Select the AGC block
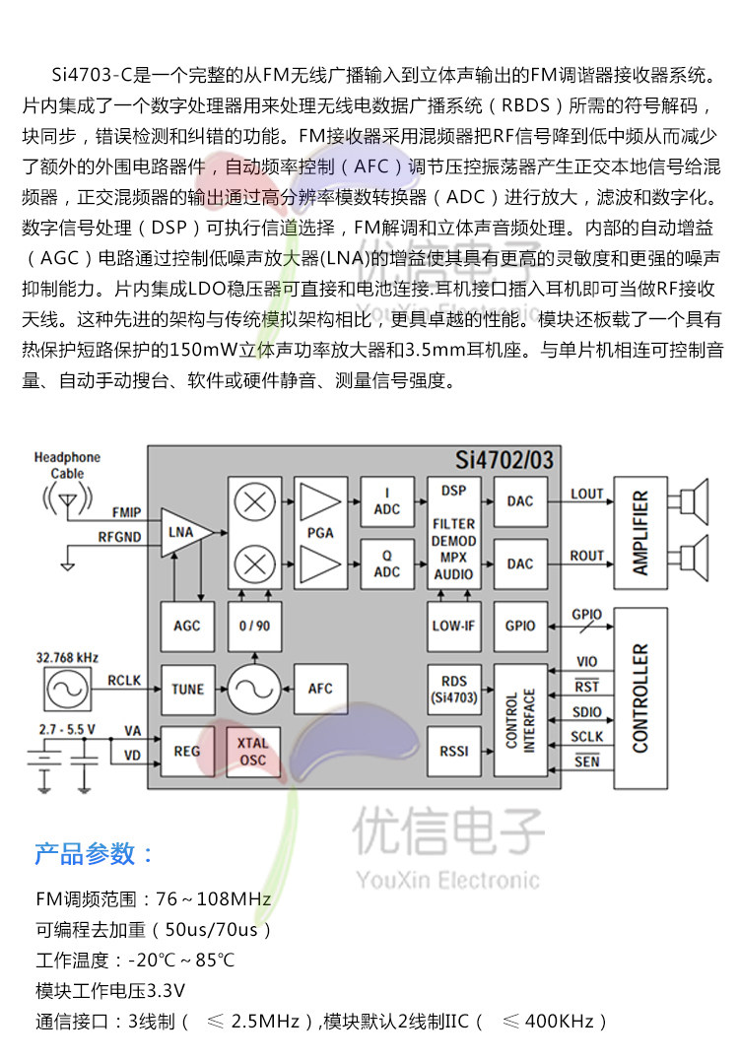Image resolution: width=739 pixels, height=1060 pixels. pyautogui.click(x=186, y=626)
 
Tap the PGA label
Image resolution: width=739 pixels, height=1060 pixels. pyautogui.click(x=320, y=533)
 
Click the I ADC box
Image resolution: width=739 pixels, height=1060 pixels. pyautogui.click(x=387, y=501)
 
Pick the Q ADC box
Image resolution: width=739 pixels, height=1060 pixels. pyautogui.click(x=387, y=564)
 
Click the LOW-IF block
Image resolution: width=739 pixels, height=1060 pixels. pyautogui.click(x=454, y=626)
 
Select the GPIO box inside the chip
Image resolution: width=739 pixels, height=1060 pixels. pyautogui.click(x=519, y=626)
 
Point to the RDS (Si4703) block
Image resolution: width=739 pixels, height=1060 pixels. pyautogui.click(x=454, y=689)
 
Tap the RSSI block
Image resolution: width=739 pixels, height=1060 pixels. pyautogui.click(x=454, y=751)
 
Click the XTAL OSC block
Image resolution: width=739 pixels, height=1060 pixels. pyautogui.click(x=253, y=751)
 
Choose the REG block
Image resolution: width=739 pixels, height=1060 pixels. pyautogui.click(x=186, y=751)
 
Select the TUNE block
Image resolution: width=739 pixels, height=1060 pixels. pyautogui.click(x=186, y=689)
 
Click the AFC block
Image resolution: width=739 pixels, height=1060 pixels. pyautogui.click(x=320, y=689)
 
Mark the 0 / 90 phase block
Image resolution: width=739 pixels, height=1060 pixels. pyautogui.click(x=253, y=626)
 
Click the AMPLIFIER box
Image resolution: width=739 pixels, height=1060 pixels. pyautogui.click(x=640, y=533)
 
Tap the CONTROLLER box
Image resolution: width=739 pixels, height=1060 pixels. pyautogui.click(x=640, y=698)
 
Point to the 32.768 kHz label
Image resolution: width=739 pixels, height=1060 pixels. pyautogui.click(x=68, y=656)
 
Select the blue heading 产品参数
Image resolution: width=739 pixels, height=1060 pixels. pyautogui.click(x=95, y=853)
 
